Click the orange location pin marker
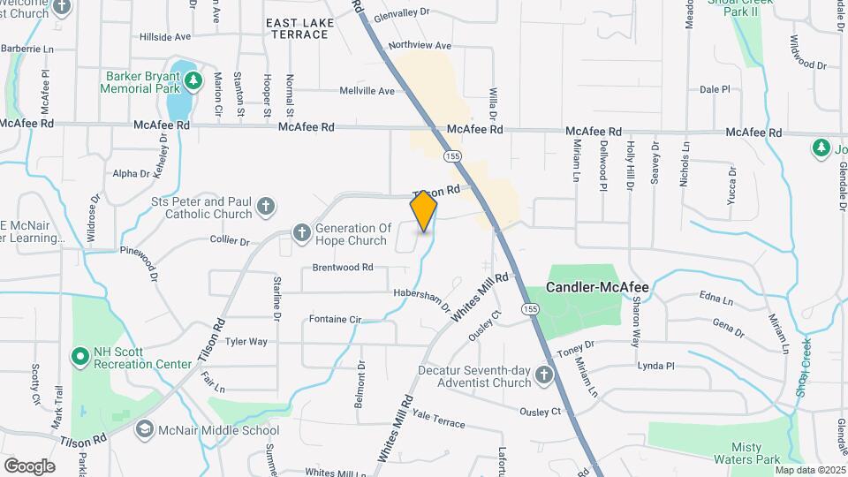(424, 212)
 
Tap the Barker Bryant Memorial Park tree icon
(193, 82)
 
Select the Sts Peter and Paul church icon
(266, 208)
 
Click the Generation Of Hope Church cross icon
(301, 233)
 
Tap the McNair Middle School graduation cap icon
(143, 429)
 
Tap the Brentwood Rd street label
(343, 267)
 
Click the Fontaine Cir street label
(337, 318)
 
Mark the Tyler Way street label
(246, 341)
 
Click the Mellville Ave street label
(367, 91)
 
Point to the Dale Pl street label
(715, 89)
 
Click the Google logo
(29, 466)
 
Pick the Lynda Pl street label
(655, 365)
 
